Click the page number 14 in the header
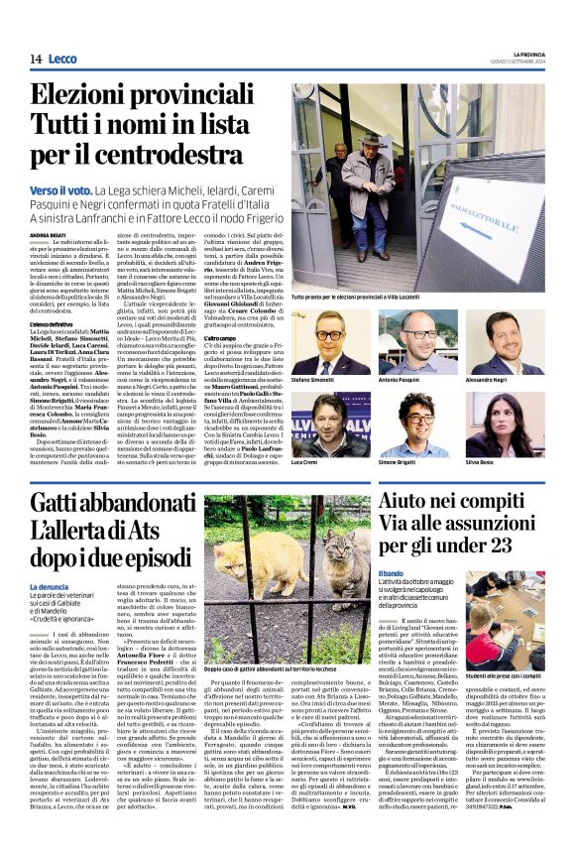tap(36, 60)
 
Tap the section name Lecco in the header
tap(61, 60)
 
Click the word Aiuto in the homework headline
tap(410, 502)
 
